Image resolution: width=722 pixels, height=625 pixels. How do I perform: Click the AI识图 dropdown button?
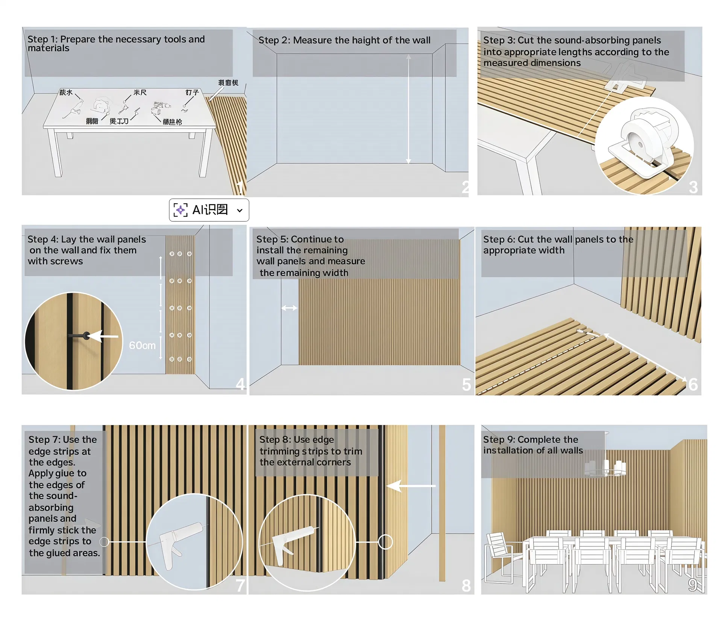(209, 210)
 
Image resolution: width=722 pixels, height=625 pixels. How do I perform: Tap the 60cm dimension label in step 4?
(142, 345)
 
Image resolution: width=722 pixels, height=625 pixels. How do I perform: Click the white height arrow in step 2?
(408, 109)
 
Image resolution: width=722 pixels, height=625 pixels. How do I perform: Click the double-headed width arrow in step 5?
(289, 308)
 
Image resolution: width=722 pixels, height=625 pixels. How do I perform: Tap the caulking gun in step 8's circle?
(290, 541)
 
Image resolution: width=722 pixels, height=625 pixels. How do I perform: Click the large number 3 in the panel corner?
(693, 187)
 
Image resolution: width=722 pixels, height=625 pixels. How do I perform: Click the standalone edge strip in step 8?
(442, 504)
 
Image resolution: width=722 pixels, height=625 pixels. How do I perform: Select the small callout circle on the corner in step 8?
(385, 542)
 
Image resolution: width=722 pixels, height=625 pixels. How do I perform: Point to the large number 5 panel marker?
(466, 384)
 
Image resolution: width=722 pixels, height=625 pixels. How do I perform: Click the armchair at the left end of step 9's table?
(500, 556)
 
